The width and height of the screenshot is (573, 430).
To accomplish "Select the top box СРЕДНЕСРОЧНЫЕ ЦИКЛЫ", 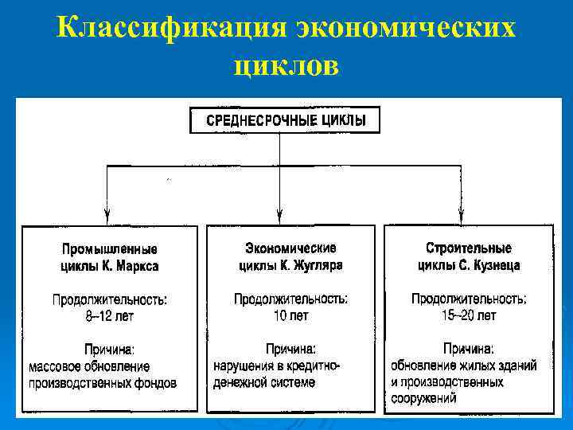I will [x=286, y=121].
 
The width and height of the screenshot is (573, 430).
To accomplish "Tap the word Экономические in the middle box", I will [x=290, y=248].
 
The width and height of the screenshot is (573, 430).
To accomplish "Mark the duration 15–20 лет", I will [x=469, y=316].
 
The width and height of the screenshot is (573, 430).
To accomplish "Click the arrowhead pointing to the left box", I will [x=107, y=214].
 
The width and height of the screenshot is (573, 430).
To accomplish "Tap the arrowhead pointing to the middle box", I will [x=279, y=214].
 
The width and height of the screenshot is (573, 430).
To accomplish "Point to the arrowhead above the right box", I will [x=462, y=214].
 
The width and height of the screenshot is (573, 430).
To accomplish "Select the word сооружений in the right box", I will [x=423, y=398].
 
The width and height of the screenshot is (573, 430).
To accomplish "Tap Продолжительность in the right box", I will [x=469, y=300].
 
